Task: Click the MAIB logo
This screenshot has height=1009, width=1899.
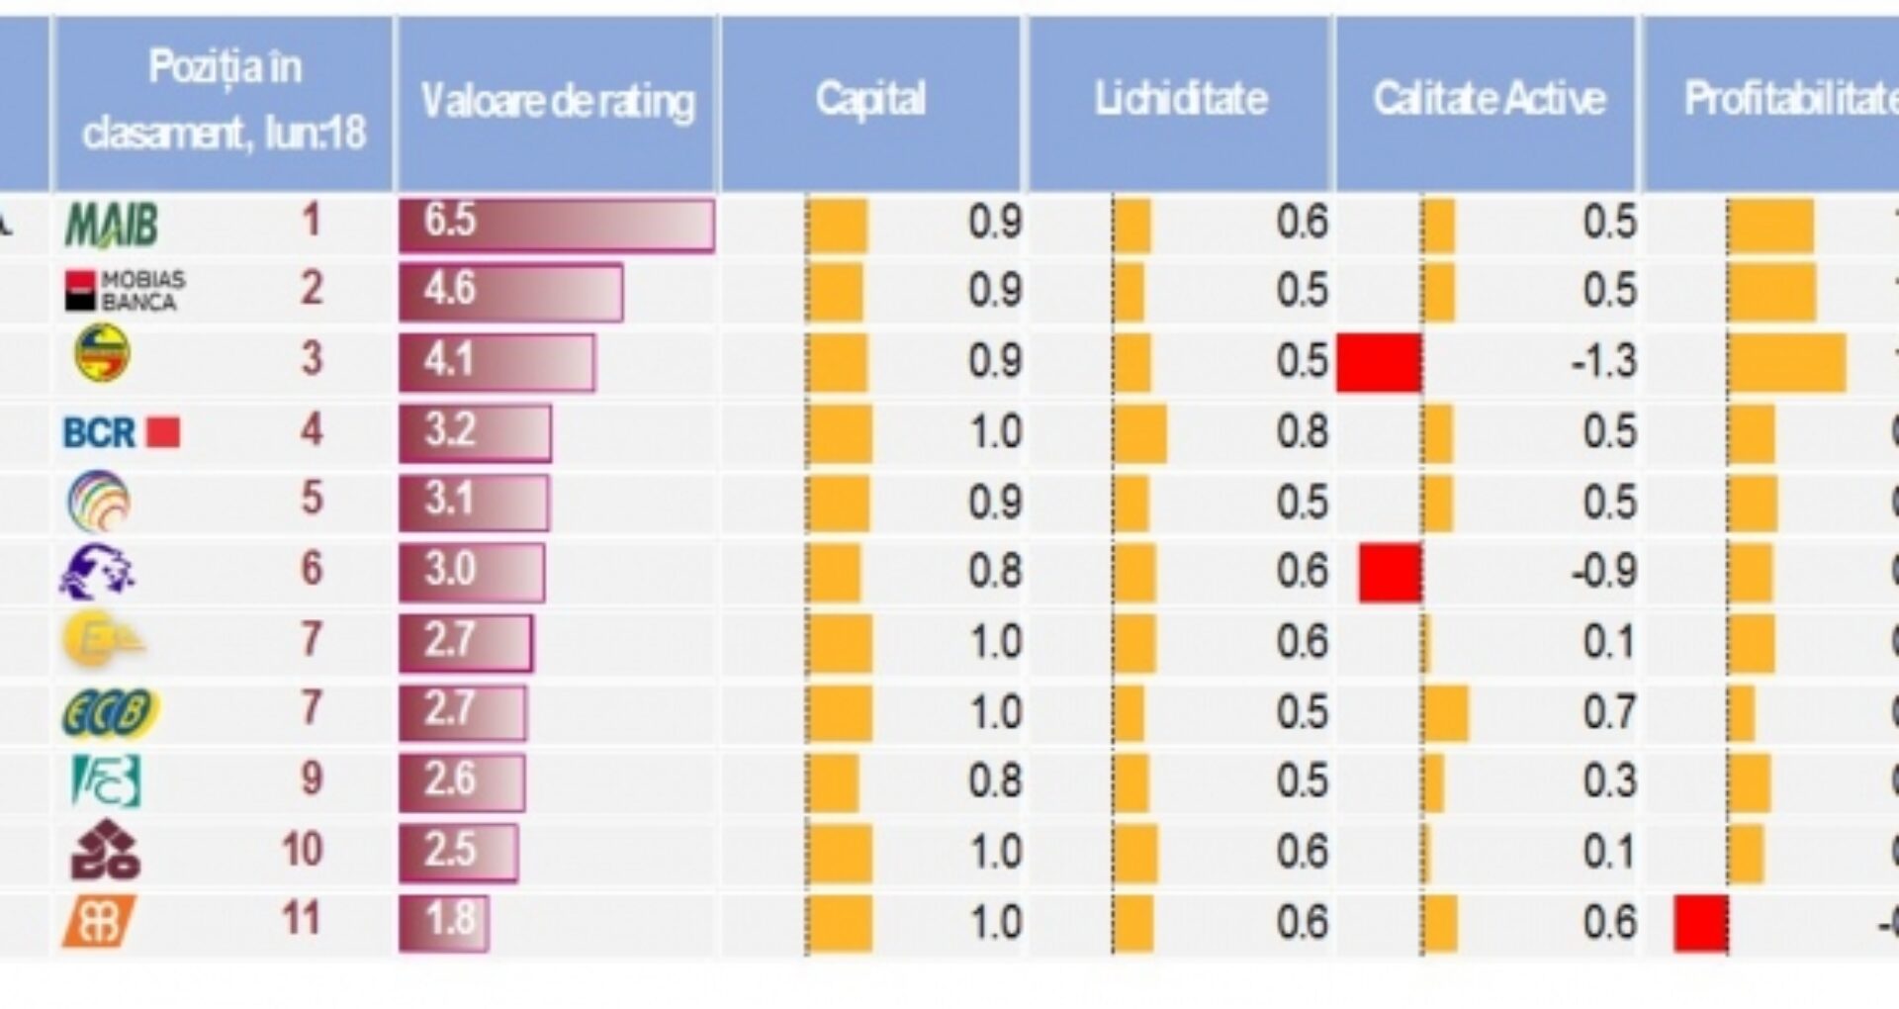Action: point(111,224)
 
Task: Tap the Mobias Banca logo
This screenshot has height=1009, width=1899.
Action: point(125,291)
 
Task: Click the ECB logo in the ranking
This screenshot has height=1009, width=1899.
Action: point(110,712)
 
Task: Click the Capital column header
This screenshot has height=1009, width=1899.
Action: point(870,100)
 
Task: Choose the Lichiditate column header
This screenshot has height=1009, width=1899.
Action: point(1180,100)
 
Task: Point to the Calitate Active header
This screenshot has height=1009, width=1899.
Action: point(1489,100)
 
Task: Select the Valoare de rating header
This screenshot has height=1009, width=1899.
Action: point(557,102)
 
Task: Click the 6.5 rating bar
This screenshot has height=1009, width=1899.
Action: point(556,224)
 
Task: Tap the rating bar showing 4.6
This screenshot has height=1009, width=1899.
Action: point(510,292)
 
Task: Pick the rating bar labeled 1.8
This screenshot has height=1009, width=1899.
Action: point(443,922)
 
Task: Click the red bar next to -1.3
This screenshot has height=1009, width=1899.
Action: point(1379,362)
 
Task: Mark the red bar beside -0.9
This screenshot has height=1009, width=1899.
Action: point(1391,572)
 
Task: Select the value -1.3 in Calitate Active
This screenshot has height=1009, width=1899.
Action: point(1603,362)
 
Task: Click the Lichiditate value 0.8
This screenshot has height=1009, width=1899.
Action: point(1302,432)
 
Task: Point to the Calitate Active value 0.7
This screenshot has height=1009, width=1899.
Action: point(1609,712)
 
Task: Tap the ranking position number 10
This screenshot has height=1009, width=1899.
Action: point(303,850)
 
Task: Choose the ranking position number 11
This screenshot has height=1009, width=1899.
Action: point(302,920)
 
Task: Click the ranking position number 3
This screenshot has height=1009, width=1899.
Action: point(311,358)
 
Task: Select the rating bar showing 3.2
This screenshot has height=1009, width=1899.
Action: point(475,432)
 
